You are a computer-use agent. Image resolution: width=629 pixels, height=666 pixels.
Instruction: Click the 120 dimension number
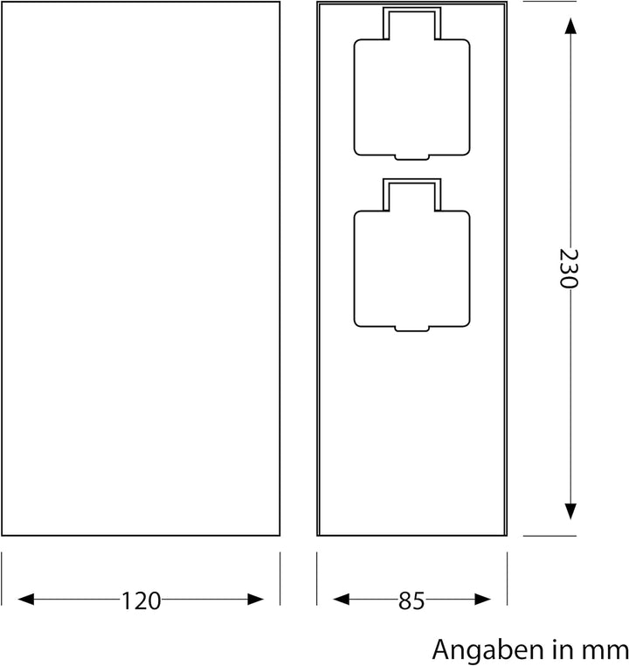point(141,600)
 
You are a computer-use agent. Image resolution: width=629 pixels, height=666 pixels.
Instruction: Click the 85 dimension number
point(411,600)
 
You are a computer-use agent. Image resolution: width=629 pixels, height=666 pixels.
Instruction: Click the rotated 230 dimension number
point(569,269)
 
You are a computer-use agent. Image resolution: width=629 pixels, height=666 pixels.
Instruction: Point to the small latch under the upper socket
point(410,157)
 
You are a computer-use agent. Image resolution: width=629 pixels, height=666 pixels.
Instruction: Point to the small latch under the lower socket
point(410,329)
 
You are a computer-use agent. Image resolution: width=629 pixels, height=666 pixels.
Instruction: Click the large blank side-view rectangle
point(140,269)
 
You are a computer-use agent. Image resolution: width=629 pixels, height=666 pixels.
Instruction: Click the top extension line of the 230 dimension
point(549,2)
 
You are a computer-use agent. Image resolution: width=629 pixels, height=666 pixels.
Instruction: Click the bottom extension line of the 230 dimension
point(549,536)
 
